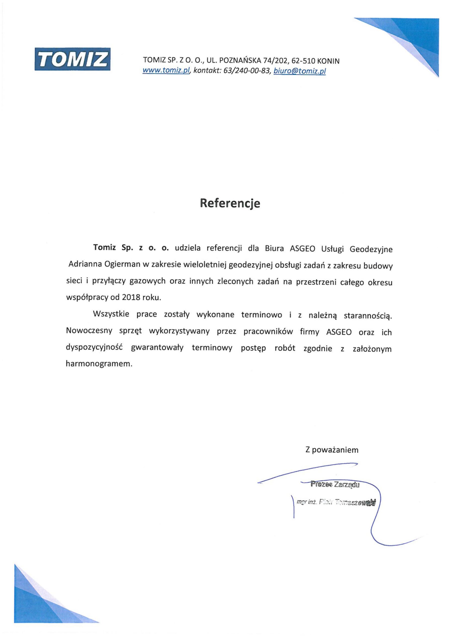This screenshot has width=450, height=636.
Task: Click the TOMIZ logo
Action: [72, 59]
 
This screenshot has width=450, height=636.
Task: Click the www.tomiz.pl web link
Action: [166, 71]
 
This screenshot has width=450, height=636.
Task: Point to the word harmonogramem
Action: [99, 364]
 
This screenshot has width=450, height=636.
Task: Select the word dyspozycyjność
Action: [94, 348]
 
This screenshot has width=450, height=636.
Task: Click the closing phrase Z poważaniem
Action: [332, 450]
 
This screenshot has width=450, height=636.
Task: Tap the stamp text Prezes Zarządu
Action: [335, 484]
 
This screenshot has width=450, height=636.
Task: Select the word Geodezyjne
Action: [371, 249]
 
